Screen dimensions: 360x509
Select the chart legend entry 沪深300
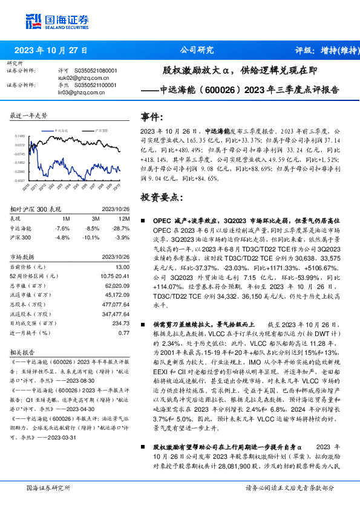click(x=101, y=129)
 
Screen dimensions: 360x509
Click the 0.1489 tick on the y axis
click(x=21, y=137)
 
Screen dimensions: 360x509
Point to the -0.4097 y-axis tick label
click(x=20, y=180)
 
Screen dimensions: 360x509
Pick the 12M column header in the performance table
click(x=125, y=218)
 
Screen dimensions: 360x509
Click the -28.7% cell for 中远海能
click(x=122, y=229)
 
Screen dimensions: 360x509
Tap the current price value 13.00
click(x=122, y=267)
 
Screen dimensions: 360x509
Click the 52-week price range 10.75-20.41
click(x=115, y=276)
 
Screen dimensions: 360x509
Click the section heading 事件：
click(x=152, y=115)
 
